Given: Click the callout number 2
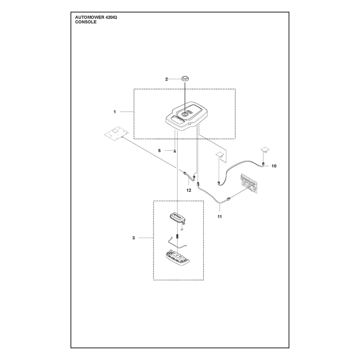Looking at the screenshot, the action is point(166,79).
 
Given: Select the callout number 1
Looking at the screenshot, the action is point(115,112).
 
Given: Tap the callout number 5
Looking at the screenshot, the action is point(159,151).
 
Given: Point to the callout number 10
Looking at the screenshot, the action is point(274,166).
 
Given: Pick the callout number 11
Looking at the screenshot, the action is point(220,216).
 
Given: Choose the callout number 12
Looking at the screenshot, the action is point(189,190).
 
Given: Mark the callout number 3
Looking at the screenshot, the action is point(134,238).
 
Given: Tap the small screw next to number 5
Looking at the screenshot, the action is point(175,151).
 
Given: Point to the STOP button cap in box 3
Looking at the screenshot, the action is point(177,218).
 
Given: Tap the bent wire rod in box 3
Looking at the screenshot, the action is point(177,243).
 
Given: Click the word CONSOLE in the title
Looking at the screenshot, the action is point(86,22).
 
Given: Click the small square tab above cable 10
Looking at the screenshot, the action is point(265,149).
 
